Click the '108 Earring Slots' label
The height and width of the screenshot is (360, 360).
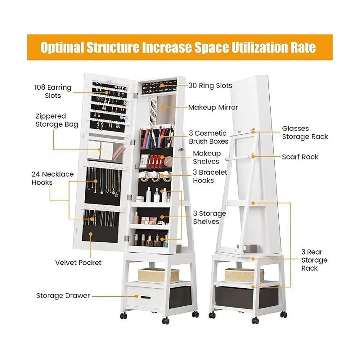(x=53, y=91)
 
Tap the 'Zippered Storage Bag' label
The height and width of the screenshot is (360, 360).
(x=57, y=120)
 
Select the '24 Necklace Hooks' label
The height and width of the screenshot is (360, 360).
(x=53, y=178)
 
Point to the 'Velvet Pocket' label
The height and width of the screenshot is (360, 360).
(x=78, y=263)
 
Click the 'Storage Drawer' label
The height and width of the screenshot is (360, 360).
(x=63, y=295)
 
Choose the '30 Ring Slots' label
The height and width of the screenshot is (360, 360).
(x=210, y=85)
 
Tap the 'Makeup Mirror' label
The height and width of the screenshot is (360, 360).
(x=213, y=107)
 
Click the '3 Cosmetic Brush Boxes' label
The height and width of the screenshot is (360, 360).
(x=209, y=137)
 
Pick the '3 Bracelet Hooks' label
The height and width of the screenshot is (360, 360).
(x=210, y=176)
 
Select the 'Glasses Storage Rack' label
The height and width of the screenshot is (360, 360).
(x=305, y=133)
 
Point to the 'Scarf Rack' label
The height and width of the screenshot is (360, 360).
(x=300, y=157)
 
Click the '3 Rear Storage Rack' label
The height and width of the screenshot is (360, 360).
(x=314, y=260)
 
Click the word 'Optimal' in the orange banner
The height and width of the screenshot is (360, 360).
(x=62, y=47)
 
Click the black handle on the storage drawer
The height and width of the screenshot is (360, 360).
(x=146, y=298)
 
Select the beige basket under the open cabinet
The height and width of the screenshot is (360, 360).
(x=159, y=276)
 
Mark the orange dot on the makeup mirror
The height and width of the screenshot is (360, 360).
(x=162, y=107)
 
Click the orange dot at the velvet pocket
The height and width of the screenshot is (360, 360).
(x=91, y=234)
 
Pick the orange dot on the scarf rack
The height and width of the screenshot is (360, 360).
(x=253, y=156)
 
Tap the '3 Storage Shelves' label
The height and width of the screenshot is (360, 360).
(x=210, y=217)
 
